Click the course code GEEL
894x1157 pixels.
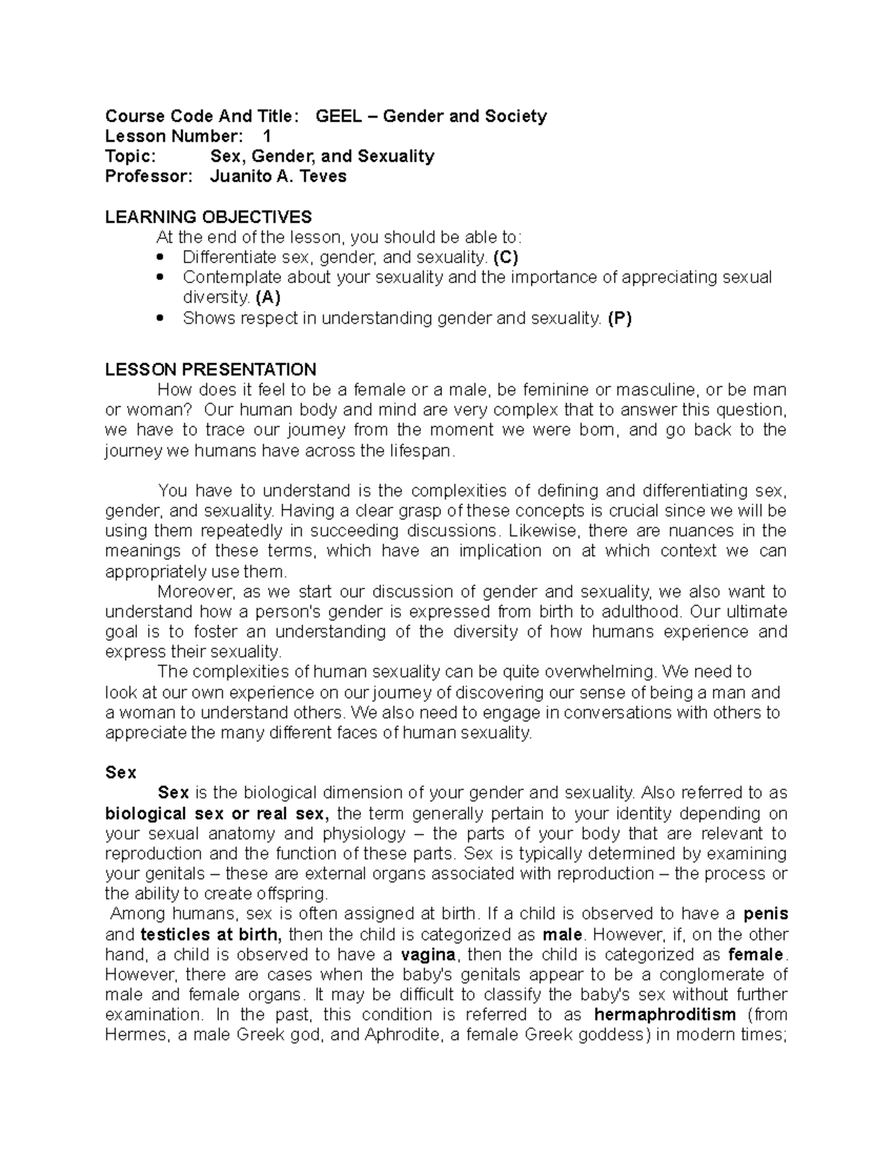339,116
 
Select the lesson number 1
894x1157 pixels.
267,136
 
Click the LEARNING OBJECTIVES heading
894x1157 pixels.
208,217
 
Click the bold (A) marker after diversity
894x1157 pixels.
267,297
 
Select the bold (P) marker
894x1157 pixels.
619,318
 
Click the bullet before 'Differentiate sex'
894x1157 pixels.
161,258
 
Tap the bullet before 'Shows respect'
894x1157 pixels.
161,319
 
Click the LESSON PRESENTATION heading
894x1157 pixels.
211,370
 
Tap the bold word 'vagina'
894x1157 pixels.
431,954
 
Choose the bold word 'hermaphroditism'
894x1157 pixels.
665,1015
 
